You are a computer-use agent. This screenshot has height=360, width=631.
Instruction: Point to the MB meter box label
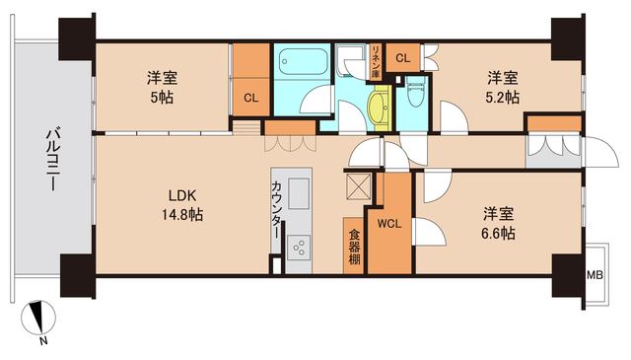click(596, 275)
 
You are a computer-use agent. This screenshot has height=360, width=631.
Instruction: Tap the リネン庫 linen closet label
click(376, 64)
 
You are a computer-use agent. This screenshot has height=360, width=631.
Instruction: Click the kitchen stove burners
click(298, 248)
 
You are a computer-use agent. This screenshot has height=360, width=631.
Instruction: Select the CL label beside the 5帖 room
click(251, 97)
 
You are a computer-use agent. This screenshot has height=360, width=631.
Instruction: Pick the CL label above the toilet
click(402, 58)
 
